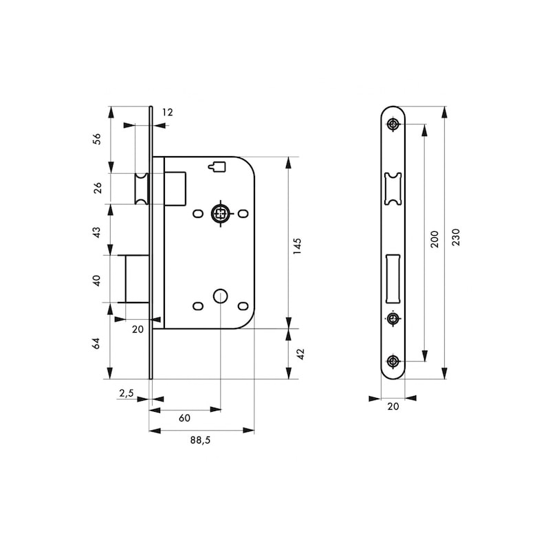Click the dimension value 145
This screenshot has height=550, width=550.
coord(297,246)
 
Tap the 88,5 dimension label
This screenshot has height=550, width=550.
coord(200,440)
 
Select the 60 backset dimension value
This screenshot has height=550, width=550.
coord(184,418)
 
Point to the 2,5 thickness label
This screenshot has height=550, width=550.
coord(126,393)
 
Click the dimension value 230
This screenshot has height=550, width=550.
coord(455,237)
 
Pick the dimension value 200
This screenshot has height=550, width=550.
coord(434,239)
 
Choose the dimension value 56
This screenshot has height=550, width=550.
coord(97,139)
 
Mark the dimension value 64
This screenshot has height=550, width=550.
coord(96,343)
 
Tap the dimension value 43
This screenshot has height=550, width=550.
coord(96,232)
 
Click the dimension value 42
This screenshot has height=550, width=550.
coord(300,354)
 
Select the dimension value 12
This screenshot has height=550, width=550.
coord(168,112)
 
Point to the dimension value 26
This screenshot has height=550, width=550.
coord(97,188)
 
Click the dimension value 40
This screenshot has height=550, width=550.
coord(96,280)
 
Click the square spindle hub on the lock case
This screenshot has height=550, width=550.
coord(221,213)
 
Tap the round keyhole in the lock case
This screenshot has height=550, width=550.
coord(220,296)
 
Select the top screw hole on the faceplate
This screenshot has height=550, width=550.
coord(393,124)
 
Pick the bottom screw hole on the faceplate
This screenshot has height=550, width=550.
coord(393,361)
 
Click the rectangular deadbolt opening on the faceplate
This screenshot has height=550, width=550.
coord(393,278)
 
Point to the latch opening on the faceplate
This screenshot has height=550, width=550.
coord(393,188)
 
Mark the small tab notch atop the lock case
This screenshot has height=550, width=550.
coord(217,166)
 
